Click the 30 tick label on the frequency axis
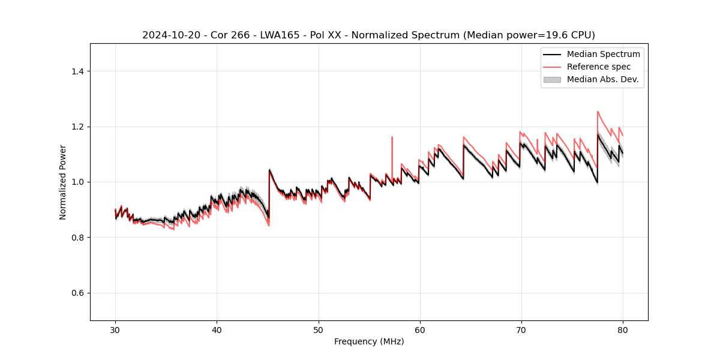(x=115, y=329)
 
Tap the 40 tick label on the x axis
(x=217, y=329)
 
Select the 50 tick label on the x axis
(x=318, y=329)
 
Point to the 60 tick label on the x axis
(x=419, y=329)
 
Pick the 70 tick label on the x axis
(x=521, y=329)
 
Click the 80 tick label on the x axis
(x=622, y=329)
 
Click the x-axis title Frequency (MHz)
(x=369, y=341)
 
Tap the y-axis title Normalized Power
(x=63, y=182)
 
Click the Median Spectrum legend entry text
(x=603, y=54)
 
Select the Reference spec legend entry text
(x=599, y=67)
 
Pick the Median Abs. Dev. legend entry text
(x=603, y=79)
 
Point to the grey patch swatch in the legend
(x=552, y=79)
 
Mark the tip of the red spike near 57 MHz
(x=392, y=137)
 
